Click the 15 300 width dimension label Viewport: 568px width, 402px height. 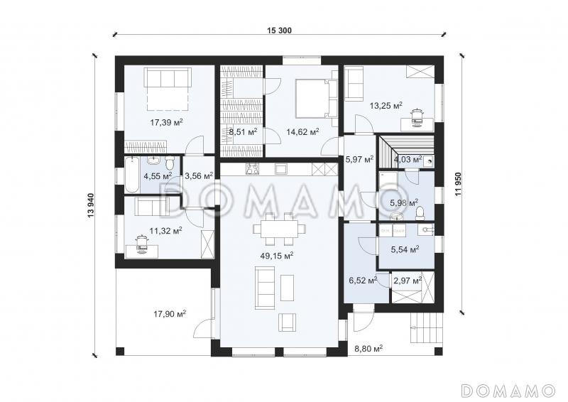point(279,31)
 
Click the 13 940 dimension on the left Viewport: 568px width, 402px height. point(91,205)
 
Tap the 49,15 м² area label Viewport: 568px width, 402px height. point(277,256)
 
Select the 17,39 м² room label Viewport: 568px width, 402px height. point(166,123)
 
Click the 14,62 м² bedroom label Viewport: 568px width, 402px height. point(302,131)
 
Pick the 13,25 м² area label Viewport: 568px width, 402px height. point(386,106)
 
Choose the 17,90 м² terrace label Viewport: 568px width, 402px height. point(170,313)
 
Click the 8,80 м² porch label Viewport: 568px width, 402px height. point(368,349)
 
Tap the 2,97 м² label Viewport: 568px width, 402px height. point(407,281)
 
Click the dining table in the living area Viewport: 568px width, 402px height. point(279,229)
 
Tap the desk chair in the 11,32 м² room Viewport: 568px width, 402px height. point(141,243)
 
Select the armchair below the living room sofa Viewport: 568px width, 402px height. point(288,322)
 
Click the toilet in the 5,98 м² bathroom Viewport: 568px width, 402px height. point(420,214)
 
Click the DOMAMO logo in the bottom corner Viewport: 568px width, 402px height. point(508,391)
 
